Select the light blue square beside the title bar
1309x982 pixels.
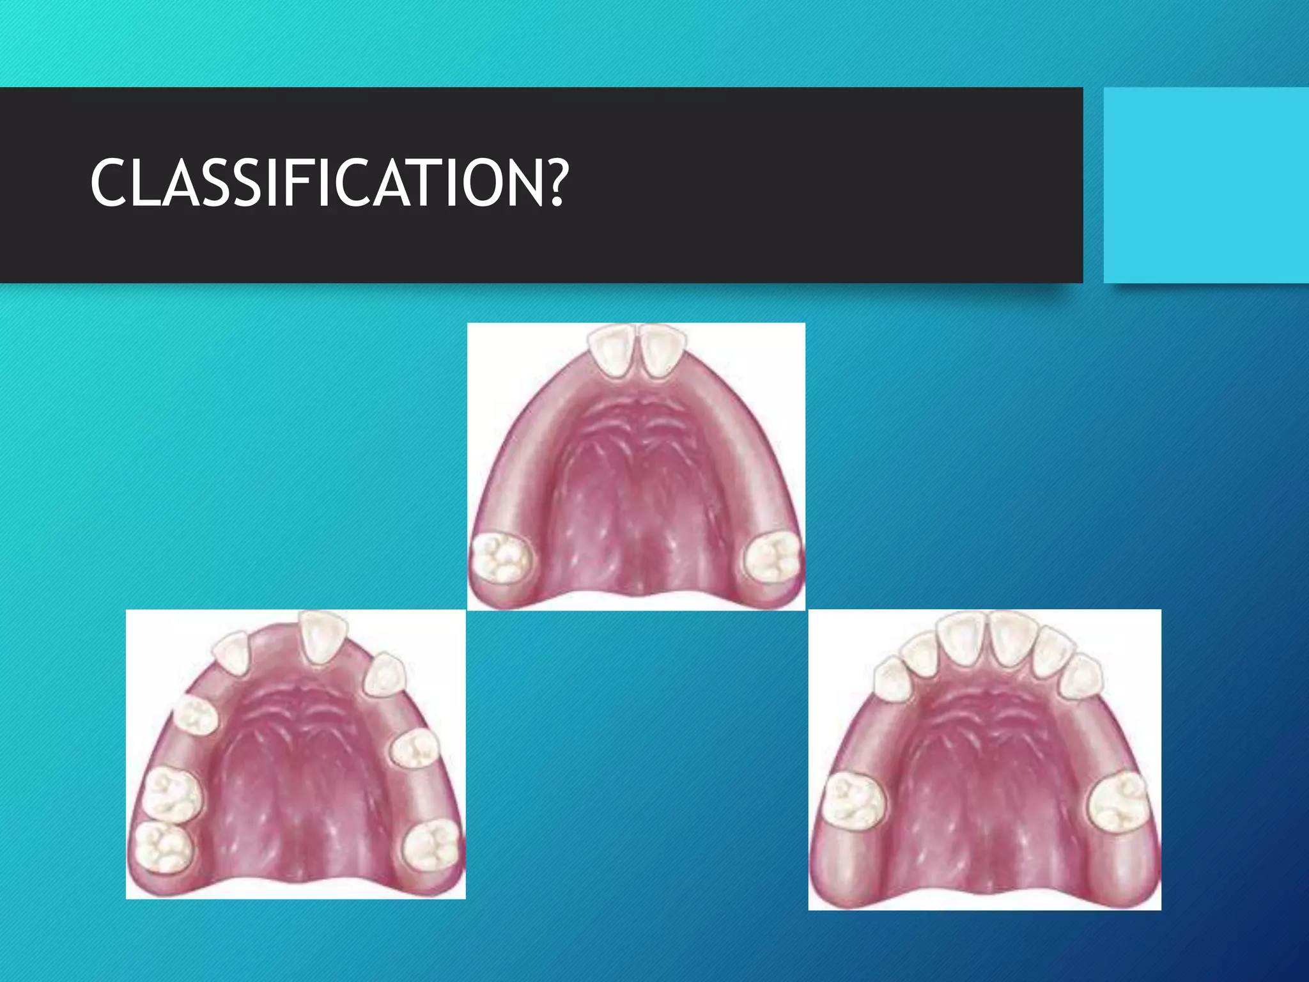tap(1206, 185)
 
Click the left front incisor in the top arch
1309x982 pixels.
tap(613, 354)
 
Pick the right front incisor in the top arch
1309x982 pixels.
tap(662, 352)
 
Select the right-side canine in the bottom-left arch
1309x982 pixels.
tap(384, 674)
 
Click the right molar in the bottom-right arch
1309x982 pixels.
tap(1117, 800)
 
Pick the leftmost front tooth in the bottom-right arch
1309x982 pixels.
tap(893, 680)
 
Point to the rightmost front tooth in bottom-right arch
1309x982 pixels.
tap(1080, 676)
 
